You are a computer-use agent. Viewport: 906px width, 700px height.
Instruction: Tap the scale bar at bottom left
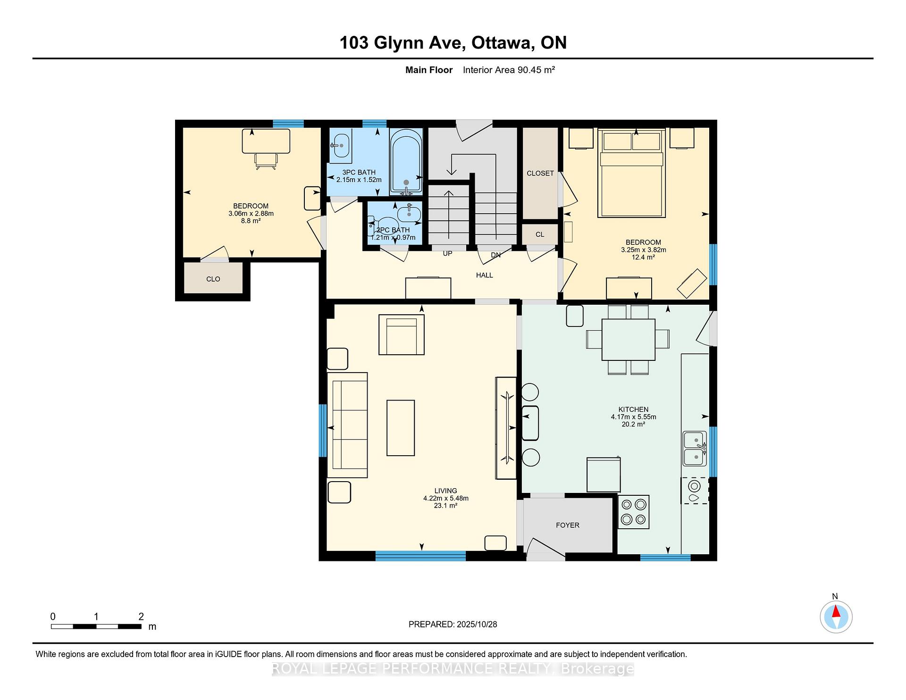96,626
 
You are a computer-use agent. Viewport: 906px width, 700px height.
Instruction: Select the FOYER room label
567,525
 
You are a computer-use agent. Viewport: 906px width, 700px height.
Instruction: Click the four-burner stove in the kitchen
634,512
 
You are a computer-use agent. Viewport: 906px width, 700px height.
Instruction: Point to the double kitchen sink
695,449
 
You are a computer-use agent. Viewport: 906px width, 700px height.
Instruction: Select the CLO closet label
213,279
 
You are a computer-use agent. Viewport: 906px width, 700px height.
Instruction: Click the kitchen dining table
628,340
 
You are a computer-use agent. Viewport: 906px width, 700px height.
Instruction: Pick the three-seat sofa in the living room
347,425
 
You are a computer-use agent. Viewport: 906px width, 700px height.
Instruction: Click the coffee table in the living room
401,428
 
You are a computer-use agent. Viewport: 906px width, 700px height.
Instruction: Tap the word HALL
484,275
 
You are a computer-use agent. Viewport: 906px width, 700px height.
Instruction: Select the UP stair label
447,253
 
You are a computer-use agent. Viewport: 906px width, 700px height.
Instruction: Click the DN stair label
495,255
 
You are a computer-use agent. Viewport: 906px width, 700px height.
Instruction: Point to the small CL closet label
540,234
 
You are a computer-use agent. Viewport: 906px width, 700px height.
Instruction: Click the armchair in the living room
402,334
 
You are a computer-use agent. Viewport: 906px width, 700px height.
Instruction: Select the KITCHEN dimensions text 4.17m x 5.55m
633,417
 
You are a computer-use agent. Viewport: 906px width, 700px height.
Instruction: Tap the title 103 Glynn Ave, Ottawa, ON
453,43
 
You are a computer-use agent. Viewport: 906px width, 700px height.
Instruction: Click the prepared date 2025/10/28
477,624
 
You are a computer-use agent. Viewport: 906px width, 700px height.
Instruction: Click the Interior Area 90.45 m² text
509,70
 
